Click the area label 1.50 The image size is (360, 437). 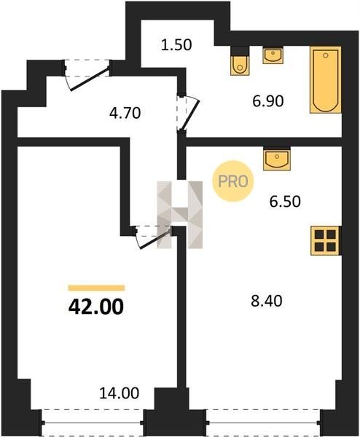[x=176, y=45]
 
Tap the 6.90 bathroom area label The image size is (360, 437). [x=268, y=101]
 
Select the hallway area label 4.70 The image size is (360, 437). [x=125, y=113]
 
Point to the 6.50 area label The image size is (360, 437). [x=285, y=202]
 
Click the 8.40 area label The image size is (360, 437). [x=267, y=301]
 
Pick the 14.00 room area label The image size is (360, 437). [x=119, y=393]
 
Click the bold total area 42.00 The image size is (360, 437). [x=96, y=307]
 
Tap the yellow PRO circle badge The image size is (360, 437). [x=233, y=181]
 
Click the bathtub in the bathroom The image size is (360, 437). [x=326, y=80]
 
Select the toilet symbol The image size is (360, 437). [x=240, y=61]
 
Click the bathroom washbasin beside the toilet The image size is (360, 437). [x=273, y=55]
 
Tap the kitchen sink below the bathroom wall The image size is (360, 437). [x=277, y=158]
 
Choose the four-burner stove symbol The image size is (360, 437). [x=326, y=240]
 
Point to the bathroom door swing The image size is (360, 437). [x=188, y=113]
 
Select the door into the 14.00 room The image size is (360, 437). [x=152, y=236]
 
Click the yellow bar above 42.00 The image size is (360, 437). [x=96, y=288]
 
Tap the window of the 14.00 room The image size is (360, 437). [x=93, y=422]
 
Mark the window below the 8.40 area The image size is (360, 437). [x=263, y=422]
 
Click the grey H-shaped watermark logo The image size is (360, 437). [x=180, y=214]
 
